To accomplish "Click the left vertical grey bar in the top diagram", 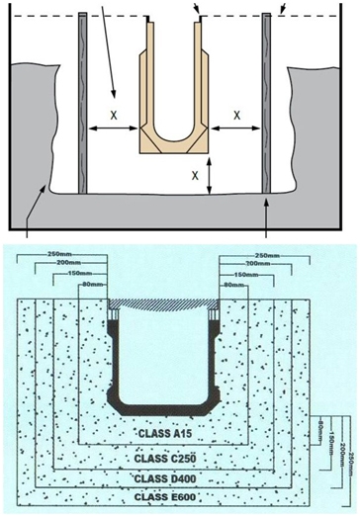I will pyautogui.click(x=82, y=104).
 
